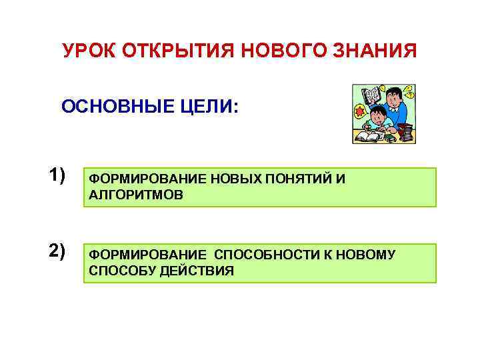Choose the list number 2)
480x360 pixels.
pos(57,251)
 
